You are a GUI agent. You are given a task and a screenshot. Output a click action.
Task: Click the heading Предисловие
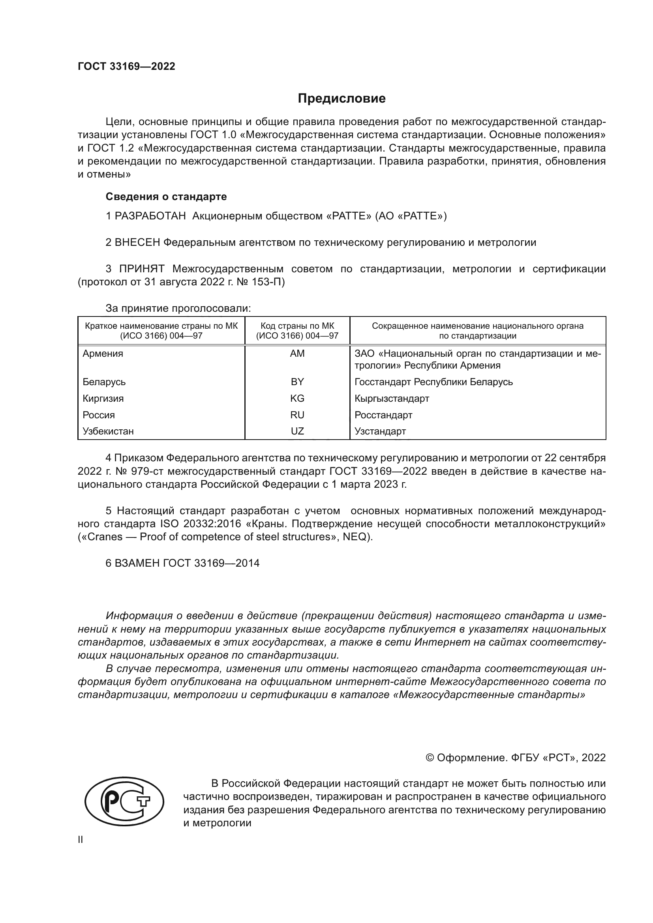pos(342,99)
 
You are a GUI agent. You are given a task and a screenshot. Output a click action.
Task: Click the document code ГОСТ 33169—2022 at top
pos(126,66)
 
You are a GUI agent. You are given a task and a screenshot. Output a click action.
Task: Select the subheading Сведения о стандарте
pos(166,197)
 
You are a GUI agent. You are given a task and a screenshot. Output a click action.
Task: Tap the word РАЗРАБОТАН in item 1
pos(150,216)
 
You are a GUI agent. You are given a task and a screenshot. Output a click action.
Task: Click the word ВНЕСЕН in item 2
pos(137,242)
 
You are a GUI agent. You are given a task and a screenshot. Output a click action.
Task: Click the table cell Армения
pos(103,354)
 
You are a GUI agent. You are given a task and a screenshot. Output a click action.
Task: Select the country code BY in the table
pos(297,382)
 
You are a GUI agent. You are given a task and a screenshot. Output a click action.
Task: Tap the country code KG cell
pos(297,399)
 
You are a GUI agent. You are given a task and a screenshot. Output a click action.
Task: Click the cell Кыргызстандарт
pos(392,399)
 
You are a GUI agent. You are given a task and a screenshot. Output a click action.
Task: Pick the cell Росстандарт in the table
pos(383,415)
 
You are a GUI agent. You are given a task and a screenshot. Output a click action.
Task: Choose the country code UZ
pos(297,431)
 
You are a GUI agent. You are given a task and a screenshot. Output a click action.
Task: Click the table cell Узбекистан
pos(108,431)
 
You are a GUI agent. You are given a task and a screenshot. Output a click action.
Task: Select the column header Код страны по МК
pos(297,326)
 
